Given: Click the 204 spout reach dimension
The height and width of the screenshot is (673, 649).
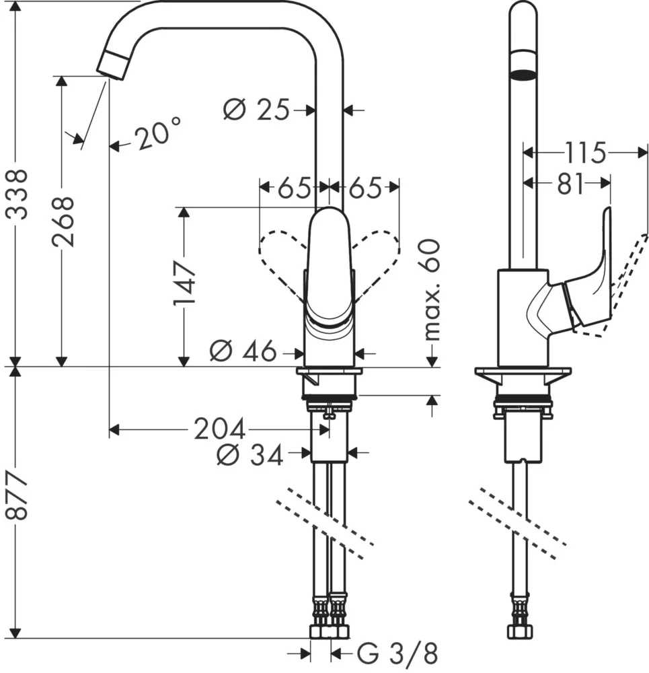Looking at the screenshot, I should click(x=219, y=429).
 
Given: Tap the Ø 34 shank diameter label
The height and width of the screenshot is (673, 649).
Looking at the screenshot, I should click(x=250, y=456).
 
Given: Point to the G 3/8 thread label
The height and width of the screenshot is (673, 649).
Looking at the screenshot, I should click(x=397, y=652).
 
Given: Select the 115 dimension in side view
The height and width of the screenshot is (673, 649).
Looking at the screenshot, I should click(x=585, y=153).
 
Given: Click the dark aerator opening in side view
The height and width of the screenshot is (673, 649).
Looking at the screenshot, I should click(x=523, y=74).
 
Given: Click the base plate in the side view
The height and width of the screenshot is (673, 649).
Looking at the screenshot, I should click(x=523, y=371).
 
